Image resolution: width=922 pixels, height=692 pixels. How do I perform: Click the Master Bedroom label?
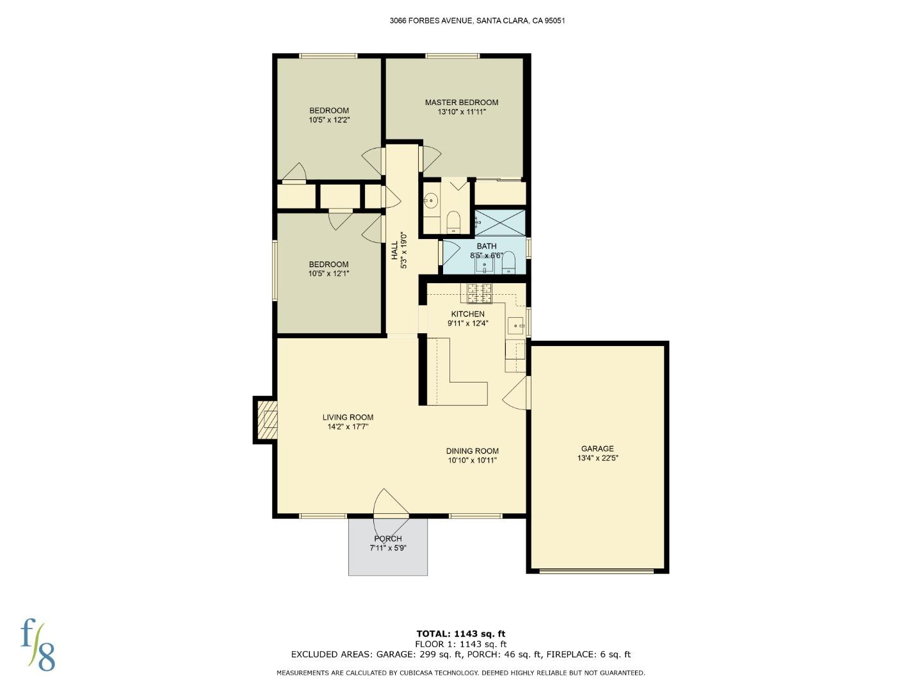pyautogui.click(x=461, y=103)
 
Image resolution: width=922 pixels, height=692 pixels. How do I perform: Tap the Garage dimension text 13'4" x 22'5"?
pyautogui.click(x=597, y=458)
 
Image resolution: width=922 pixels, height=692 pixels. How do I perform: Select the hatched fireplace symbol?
pyautogui.click(x=268, y=420)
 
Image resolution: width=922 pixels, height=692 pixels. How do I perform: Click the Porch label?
pyautogui.click(x=388, y=539)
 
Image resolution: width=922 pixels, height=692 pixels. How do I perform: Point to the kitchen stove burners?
pyautogui.click(x=480, y=293)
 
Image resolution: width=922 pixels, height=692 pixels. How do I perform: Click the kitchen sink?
pyautogui.click(x=515, y=325)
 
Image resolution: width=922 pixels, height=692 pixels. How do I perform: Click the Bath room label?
pyautogui.click(x=487, y=246)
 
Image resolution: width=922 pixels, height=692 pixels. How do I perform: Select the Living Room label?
pyautogui.click(x=348, y=417)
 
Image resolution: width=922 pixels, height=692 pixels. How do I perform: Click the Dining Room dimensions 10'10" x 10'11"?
pyautogui.click(x=472, y=460)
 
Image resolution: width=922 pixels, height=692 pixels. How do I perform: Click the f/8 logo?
pyautogui.click(x=38, y=644)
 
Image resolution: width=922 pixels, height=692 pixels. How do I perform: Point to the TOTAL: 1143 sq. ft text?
pyautogui.click(x=460, y=634)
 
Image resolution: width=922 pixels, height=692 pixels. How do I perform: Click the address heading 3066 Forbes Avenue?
pyautogui.click(x=477, y=21)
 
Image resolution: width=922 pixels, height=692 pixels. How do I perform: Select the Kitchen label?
pyautogui.click(x=467, y=314)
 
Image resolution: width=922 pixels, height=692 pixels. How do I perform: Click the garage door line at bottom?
pyautogui.click(x=597, y=570)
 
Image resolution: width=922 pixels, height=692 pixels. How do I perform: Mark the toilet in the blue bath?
pyautogui.click(x=509, y=262)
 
